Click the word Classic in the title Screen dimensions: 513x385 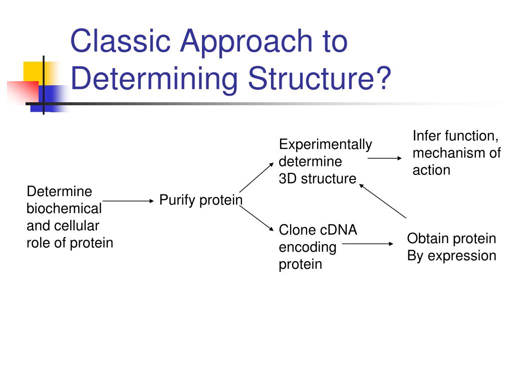(x=120, y=41)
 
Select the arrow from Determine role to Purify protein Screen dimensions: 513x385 (x=128, y=201)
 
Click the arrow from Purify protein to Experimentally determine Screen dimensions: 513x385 (x=256, y=177)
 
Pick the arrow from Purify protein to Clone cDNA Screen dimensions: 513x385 (x=256, y=219)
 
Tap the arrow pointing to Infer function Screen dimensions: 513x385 (x=385, y=158)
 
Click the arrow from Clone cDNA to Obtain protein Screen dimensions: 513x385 (x=368, y=244)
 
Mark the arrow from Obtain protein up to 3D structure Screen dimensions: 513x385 (x=383, y=201)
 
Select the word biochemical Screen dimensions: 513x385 (x=64, y=209)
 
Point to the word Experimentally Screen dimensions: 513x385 (x=326, y=145)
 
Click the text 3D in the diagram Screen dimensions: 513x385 (x=288, y=179)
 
